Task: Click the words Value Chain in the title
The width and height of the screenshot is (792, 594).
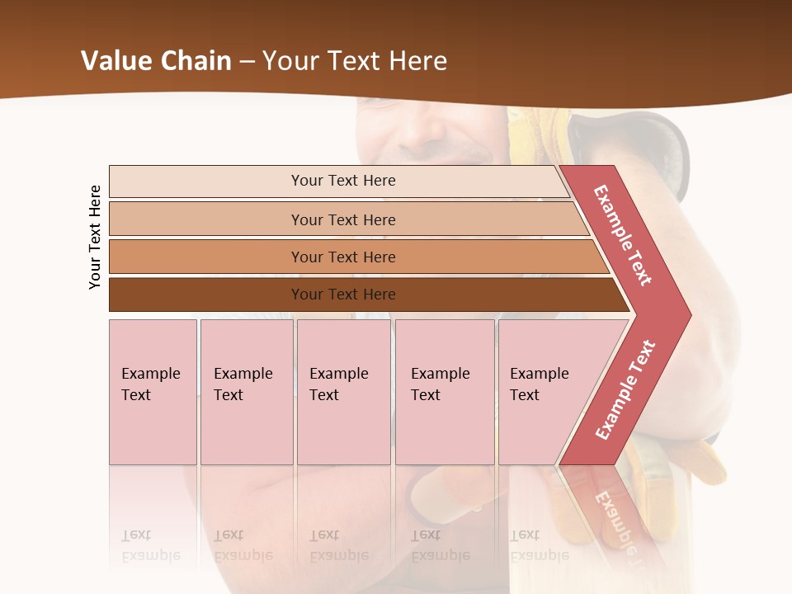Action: (156, 60)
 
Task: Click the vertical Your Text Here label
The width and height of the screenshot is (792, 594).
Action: (95, 237)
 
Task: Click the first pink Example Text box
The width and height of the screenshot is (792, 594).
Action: (153, 392)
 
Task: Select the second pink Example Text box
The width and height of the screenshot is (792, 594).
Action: (246, 392)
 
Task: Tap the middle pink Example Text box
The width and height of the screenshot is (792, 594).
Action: (343, 392)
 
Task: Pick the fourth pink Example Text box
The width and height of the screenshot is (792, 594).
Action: (444, 392)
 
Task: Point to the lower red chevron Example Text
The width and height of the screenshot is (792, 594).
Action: (625, 389)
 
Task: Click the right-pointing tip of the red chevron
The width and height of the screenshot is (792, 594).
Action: (684, 314)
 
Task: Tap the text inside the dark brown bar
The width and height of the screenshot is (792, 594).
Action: (343, 295)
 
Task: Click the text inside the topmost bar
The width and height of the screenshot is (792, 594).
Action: (343, 181)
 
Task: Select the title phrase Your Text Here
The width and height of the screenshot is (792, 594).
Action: (355, 60)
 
